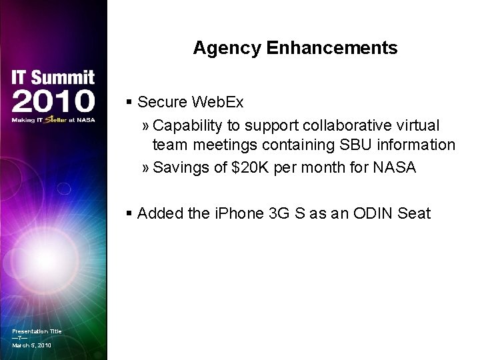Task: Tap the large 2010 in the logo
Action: [x=53, y=101]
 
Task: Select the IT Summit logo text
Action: [x=53, y=78]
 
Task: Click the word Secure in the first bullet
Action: [x=162, y=102]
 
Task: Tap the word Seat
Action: [x=413, y=214]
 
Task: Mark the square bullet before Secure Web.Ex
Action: [x=129, y=103]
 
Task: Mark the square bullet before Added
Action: [x=129, y=214]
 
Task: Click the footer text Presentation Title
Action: [x=37, y=331]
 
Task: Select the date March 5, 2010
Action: [x=31, y=345]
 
